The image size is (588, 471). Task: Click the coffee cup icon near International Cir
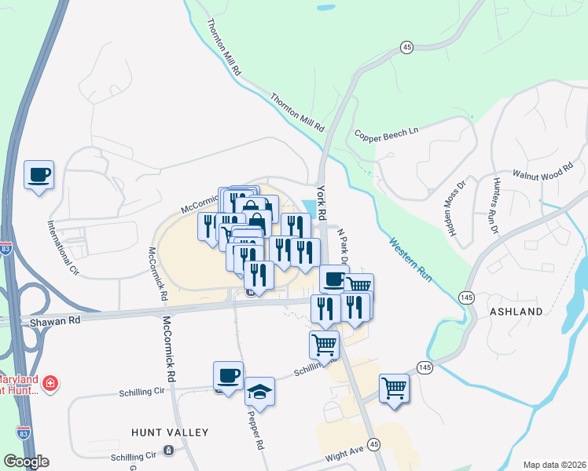(x=39, y=175)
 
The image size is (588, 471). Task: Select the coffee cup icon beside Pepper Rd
(x=228, y=376)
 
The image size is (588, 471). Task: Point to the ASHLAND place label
(x=516, y=312)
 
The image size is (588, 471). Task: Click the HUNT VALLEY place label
(x=170, y=433)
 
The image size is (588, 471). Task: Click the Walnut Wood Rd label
(x=545, y=172)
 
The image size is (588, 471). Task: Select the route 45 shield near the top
(x=406, y=48)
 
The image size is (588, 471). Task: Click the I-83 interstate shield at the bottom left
(x=24, y=432)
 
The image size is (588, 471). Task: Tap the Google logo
(x=26, y=462)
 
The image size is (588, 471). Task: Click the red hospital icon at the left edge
(x=50, y=383)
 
